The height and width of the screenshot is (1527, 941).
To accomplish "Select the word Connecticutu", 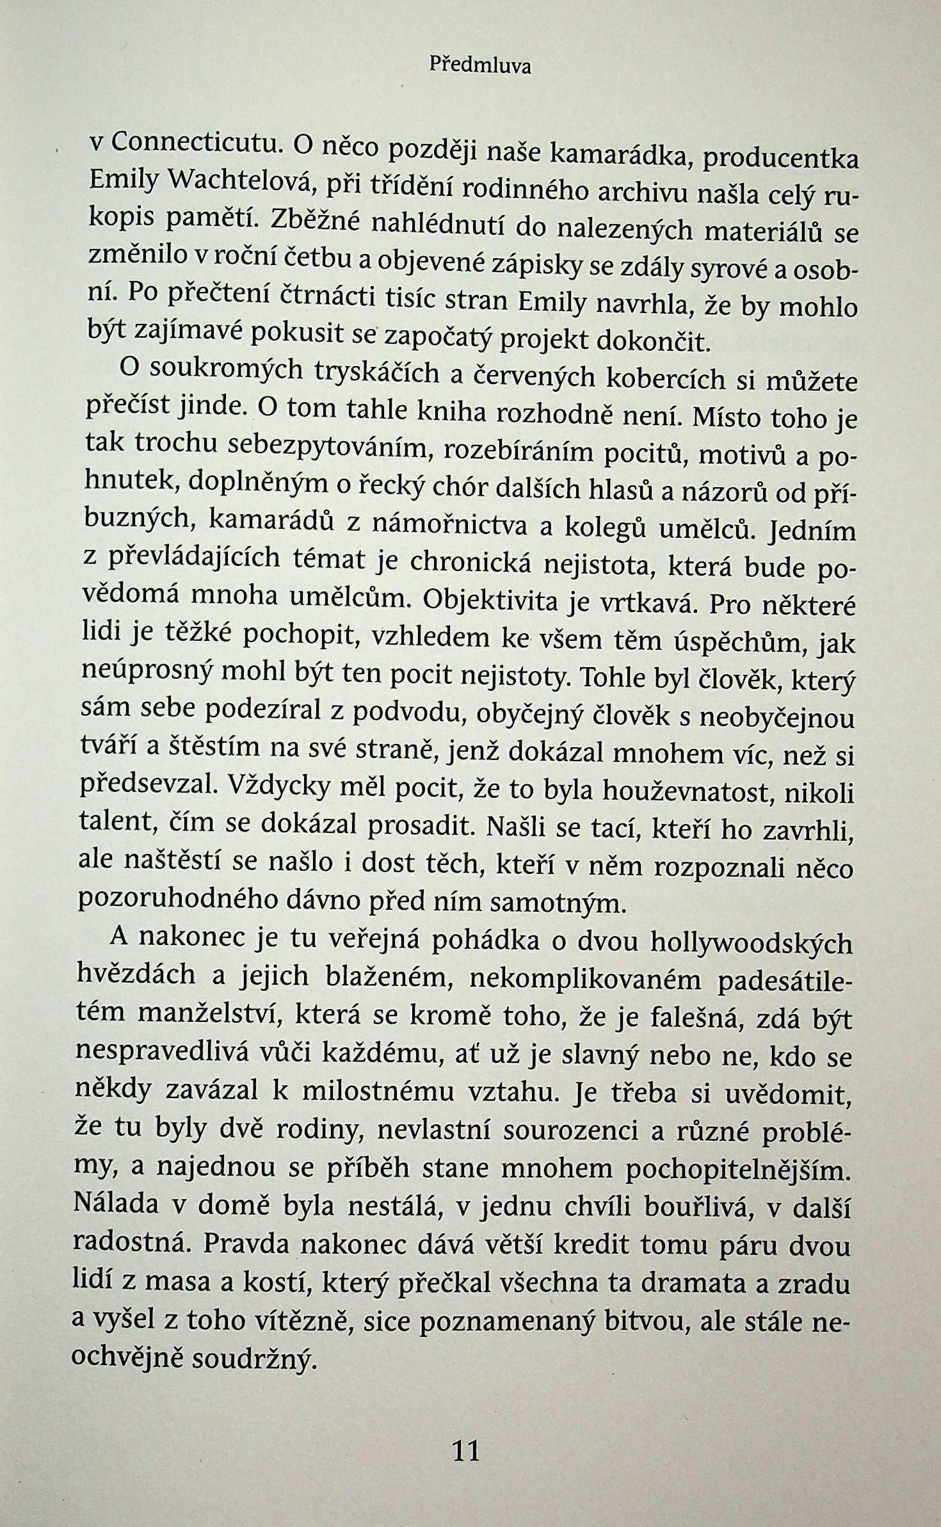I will [x=196, y=143].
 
